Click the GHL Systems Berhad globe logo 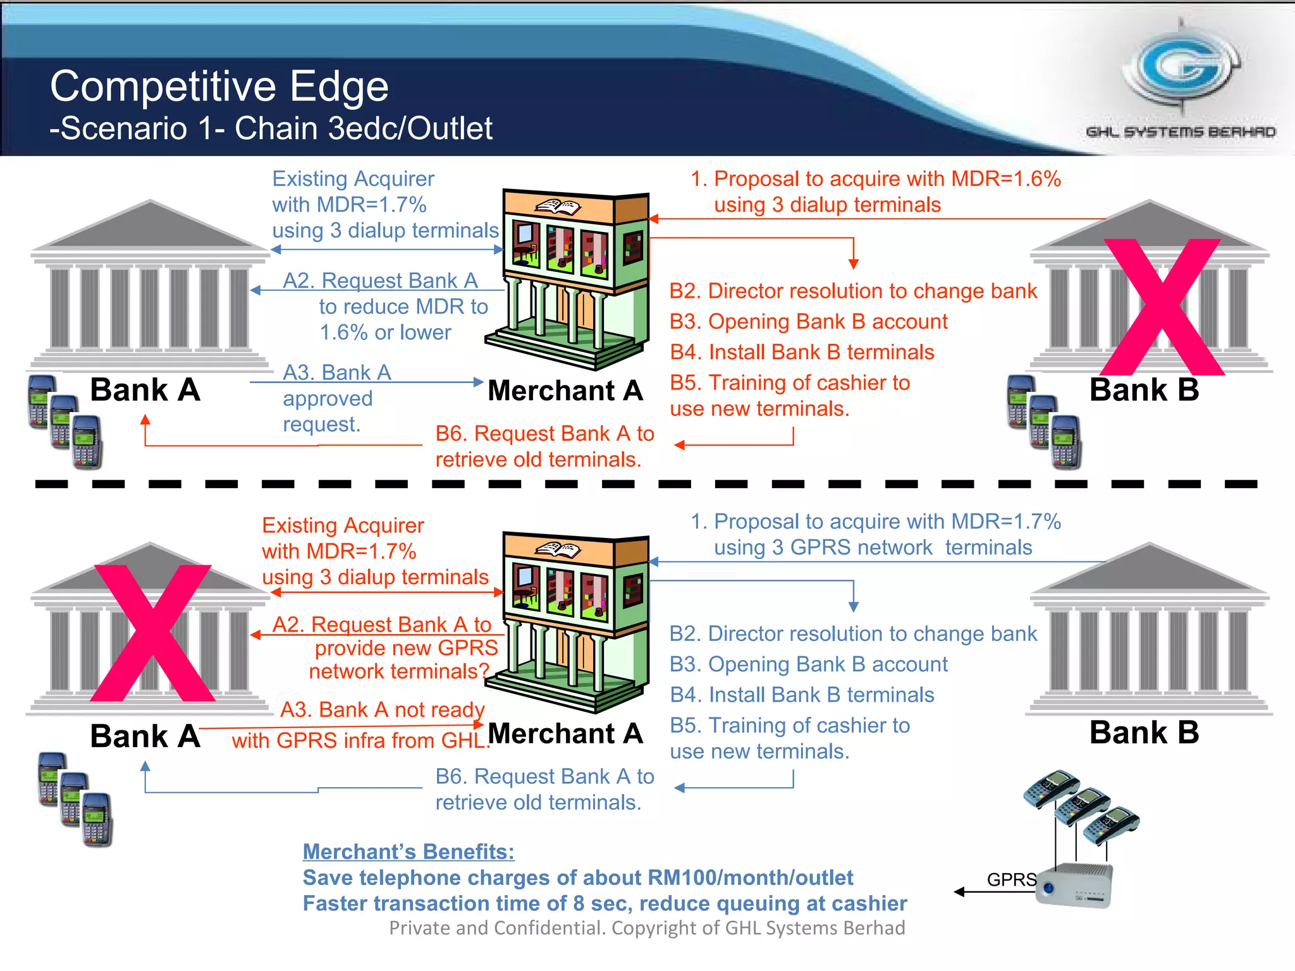(x=1181, y=70)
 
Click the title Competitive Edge (x=219, y=86)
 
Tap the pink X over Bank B (x=1162, y=307)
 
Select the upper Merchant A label (x=565, y=390)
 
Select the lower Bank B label (x=1143, y=732)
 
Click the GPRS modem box (x=1075, y=885)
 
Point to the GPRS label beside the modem (x=1011, y=879)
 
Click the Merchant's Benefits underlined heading (x=408, y=852)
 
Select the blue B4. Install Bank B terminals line (x=801, y=695)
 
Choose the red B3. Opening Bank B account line (x=808, y=322)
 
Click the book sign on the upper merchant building (x=558, y=207)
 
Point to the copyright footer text (x=647, y=927)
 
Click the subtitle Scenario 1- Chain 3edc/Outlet (x=271, y=128)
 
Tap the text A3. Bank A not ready (x=382, y=709)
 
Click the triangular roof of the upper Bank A (x=150, y=226)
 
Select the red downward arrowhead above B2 (x=853, y=264)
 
